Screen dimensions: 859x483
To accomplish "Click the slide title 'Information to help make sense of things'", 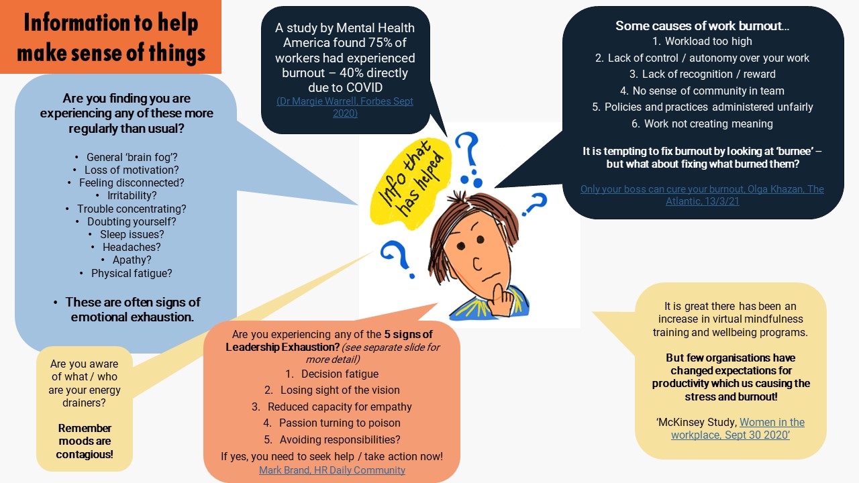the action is tap(111, 37).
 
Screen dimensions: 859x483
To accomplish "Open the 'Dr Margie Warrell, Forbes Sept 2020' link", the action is tap(345, 107).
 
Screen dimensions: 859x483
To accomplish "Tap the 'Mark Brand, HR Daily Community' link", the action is tap(332, 470).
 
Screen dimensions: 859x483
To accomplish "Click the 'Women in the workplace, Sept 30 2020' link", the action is tap(738, 429).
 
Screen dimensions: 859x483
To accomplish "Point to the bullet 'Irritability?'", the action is tap(132, 195).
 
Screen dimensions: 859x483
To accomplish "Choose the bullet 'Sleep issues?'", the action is tap(132, 234).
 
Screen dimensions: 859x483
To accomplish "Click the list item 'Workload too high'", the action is tap(708, 41).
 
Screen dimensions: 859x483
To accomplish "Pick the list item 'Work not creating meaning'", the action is tap(708, 123).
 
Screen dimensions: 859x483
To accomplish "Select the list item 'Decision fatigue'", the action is tap(340, 374).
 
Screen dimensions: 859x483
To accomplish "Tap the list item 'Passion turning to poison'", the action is tap(340, 423).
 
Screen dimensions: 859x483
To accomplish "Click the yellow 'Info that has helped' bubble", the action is tap(409, 183).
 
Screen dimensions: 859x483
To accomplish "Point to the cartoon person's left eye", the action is tap(460, 246).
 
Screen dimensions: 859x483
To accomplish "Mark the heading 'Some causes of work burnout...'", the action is tap(702, 25).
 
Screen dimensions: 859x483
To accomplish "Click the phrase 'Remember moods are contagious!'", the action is tap(85, 441).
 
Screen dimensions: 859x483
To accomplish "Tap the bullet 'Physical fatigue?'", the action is tap(132, 273).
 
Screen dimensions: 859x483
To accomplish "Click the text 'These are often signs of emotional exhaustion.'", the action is tap(133, 310).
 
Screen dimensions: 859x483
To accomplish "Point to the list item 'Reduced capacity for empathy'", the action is tap(340, 407).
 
